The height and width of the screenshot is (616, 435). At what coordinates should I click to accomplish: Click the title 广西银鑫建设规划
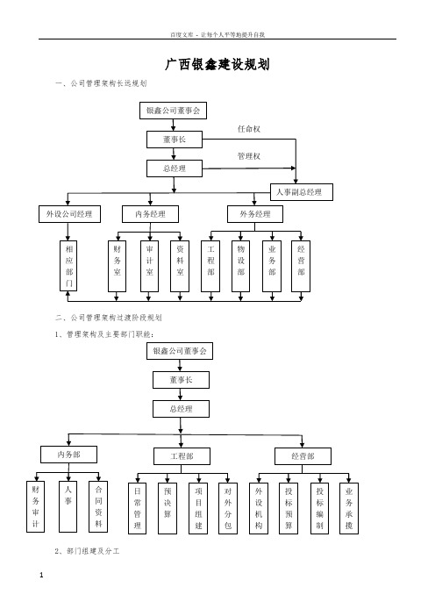(x=217, y=64)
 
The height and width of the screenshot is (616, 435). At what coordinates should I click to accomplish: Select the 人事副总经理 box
(x=302, y=192)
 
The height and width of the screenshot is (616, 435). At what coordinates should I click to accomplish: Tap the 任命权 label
(x=249, y=129)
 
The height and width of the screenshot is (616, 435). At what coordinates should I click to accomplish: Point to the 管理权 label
(x=249, y=156)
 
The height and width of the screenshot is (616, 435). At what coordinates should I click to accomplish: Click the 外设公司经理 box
(x=69, y=214)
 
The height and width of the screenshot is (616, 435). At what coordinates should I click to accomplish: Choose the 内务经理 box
(x=150, y=214)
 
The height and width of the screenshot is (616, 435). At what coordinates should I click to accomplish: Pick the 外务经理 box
(x=255, y=214)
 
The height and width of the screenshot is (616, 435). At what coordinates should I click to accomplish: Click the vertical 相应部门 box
(x=68, y=266)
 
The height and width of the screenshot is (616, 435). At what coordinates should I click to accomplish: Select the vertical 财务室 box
(x=117, y=267)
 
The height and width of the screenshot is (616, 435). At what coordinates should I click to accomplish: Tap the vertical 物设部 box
(x=240, y=267)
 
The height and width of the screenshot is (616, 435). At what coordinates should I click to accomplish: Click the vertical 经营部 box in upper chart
(x=301, y=267)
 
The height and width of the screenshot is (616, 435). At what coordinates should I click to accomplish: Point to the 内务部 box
(x=68, y=455)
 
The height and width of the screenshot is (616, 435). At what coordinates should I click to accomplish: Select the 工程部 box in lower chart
(x=182, y=456)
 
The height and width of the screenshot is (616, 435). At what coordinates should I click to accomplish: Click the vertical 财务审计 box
(x=35, y=507)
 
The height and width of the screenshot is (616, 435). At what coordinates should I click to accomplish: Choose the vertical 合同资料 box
(x=98, y=507)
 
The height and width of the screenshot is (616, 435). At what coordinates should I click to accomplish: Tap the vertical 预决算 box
(x=168, y=508)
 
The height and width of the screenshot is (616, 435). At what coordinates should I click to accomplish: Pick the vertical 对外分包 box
(x=228, y=508)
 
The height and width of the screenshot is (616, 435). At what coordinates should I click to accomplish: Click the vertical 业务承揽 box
(x=349, y=508)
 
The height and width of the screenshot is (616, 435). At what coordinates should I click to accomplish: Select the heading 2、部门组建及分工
(x=87, y=551)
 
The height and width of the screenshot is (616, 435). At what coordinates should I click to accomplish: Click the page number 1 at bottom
(x=41, y=576)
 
